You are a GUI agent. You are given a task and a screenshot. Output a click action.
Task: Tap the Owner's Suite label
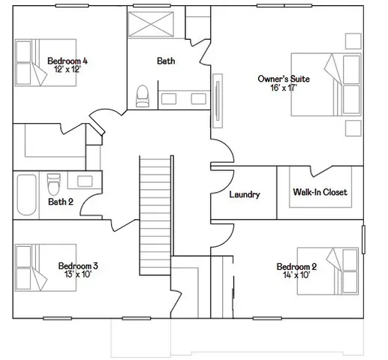pos(284,79)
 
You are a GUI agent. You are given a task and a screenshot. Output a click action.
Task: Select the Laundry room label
pos(245,194)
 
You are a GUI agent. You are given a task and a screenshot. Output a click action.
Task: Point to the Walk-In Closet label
pos(320,192)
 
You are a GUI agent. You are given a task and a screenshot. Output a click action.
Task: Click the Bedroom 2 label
pos(296,267)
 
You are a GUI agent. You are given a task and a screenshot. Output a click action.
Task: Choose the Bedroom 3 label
pos(78,265)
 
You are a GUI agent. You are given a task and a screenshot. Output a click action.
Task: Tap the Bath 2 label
pos(61,201)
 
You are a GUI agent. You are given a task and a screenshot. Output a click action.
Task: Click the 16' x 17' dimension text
pos(284,88)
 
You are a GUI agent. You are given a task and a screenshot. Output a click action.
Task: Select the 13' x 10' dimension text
pos(78,274)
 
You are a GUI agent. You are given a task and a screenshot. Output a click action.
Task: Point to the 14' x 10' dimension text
pos(296,275)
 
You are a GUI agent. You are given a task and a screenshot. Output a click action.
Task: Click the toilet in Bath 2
pos(53,183)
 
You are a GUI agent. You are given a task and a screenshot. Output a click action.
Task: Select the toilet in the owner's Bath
pos(142,94)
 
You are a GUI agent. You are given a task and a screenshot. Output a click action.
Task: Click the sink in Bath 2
pos(83,181)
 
